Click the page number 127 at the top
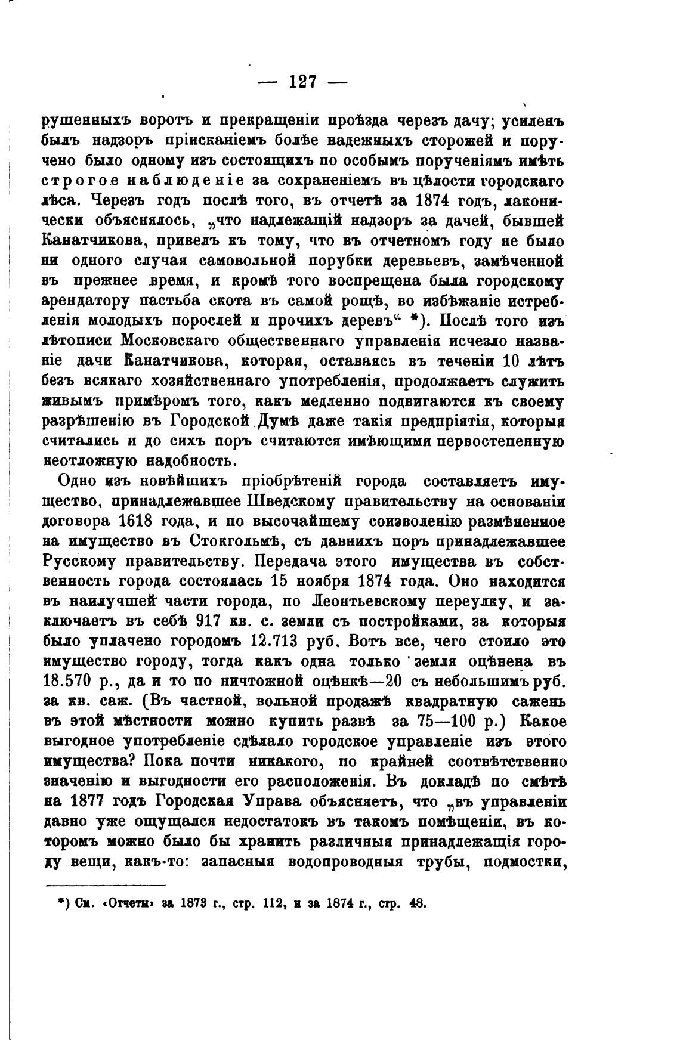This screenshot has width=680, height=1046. point(302,82)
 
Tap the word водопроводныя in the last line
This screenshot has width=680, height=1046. point(351,862)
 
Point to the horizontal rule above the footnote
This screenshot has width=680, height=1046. point(105,886)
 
